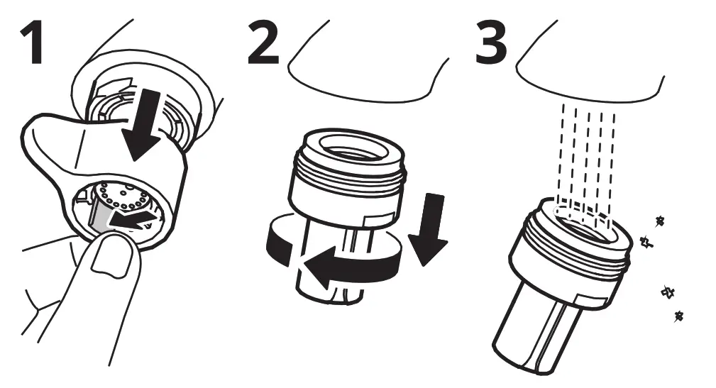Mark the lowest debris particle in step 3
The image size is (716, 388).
(x=680, y=315)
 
